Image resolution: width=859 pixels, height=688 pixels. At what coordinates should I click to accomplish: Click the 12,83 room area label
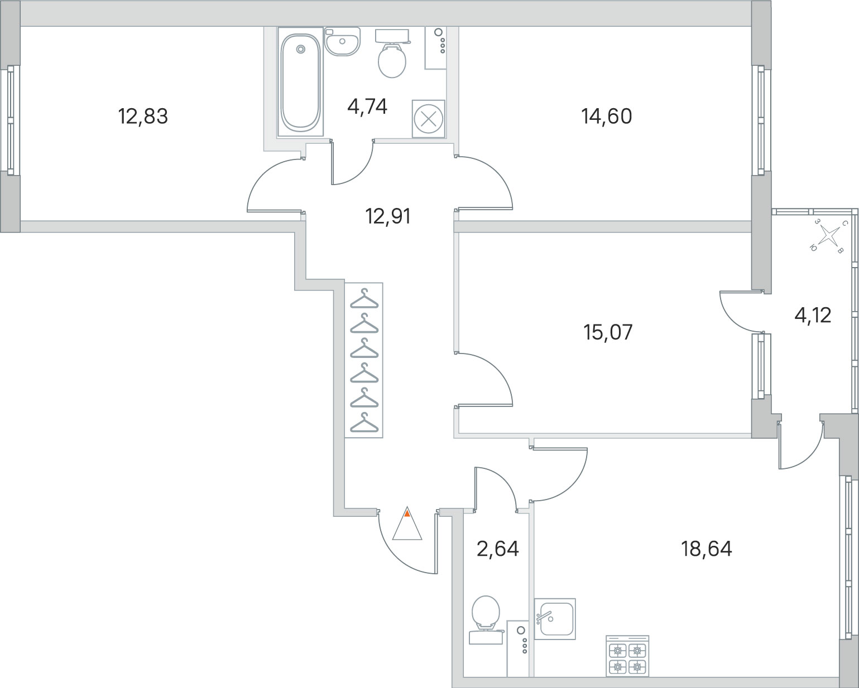[143, 117]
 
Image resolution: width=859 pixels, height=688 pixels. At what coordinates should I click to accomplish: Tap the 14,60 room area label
[607, 117]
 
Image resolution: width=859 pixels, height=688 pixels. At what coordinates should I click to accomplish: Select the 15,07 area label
[608, 332]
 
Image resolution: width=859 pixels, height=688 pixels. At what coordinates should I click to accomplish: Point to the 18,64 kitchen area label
[707, 549]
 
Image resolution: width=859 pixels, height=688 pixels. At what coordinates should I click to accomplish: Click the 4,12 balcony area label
[813, 316]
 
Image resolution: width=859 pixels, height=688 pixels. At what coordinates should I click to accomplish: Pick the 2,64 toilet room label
[498, 549]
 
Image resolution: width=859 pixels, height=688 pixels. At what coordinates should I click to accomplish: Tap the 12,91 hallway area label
[388, 216]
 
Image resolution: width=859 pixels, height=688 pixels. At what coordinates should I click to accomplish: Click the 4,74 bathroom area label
[367, 106]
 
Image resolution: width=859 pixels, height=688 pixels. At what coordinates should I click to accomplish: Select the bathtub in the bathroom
[301, 82]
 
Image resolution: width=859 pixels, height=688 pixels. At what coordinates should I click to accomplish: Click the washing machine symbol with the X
[428, 119]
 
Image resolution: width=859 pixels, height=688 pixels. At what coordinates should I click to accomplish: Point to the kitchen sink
[555, 619]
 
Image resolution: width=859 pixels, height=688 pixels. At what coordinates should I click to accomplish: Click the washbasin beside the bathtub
[342, 41]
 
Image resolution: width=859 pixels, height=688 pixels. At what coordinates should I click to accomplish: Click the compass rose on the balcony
[828, 235]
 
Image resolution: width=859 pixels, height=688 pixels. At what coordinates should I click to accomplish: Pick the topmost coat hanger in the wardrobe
[364, 299]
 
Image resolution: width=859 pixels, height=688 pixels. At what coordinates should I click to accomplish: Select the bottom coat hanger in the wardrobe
[364, 423]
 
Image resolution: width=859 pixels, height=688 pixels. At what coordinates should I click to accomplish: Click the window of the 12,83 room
[11, 120]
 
